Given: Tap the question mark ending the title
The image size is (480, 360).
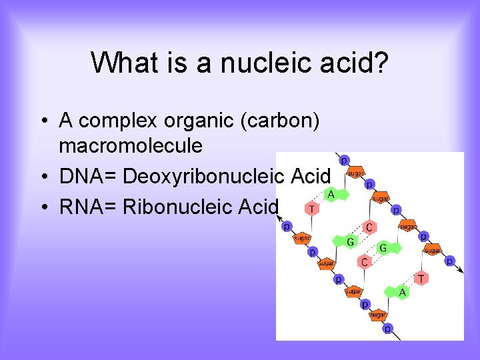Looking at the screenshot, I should pyautogui.click(x=381, y=63).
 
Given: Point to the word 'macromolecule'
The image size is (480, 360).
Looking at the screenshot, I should pyautogui.click(x=131, y=145).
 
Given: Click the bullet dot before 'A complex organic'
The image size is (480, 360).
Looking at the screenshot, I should pyautogui.click(x=42, y=121).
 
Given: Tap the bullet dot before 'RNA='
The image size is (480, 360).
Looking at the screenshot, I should pyautogui.click(x=42, y=207).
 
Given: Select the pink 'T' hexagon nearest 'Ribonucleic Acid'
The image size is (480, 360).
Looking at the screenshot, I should pyautogui.click(x=311, y=209).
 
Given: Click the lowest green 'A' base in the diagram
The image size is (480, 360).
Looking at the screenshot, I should pyautogui.click(x=401, y=292).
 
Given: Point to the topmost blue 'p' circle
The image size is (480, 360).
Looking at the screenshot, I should pyautogui.click(x=344, y=160).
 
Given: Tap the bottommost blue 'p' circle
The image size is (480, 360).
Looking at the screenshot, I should pyautogui.click(x=387, y=329).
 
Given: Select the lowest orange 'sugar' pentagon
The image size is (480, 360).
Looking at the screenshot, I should pyautogui.click(x=377, y=314).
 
